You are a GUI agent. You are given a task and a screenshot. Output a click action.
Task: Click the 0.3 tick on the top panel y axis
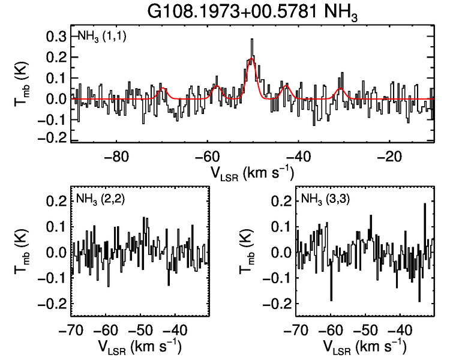click(x=56, y=37)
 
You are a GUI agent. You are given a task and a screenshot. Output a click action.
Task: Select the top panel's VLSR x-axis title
click(x=252, y=173)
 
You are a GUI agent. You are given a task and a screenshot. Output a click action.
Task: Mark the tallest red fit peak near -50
click(x=252, y=59)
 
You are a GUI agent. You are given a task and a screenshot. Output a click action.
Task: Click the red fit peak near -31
click(x=340, y=89)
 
